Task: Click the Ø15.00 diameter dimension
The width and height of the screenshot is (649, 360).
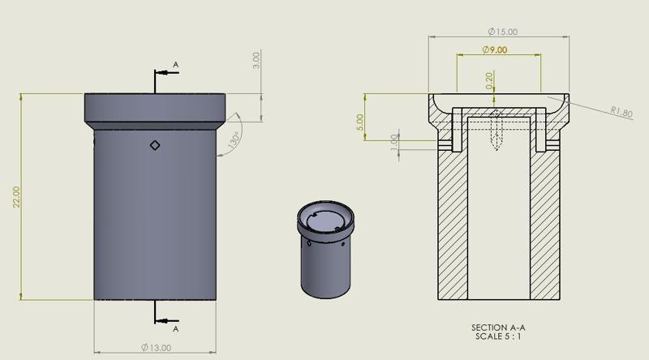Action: pyautogui.click(x=503, y=32)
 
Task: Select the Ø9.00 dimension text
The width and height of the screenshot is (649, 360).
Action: pyautogui.click(x=494, y=50)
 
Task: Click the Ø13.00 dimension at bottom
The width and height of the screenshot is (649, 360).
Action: pyautogui.click(x=156, y=348)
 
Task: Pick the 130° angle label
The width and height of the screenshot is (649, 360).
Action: pyautogui.click(x=235, y=139)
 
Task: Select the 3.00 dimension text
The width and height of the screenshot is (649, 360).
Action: pyautogui.click(x=256, y=59)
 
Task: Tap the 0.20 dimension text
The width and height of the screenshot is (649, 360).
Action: pyautogui.click(x=488, y=79)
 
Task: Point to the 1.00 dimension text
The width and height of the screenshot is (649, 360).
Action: pyautogui.click(x=394, y=143)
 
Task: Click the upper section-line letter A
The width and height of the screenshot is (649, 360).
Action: pyautogui.click(x=176, y=65)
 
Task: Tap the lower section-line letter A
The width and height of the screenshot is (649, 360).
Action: pyautogui.click(x=176, y=329)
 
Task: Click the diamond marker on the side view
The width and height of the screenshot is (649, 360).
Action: pyautogui.click(x=155, y=145)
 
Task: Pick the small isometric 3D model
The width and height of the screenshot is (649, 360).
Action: pyautogui.click(x=326, y=248)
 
